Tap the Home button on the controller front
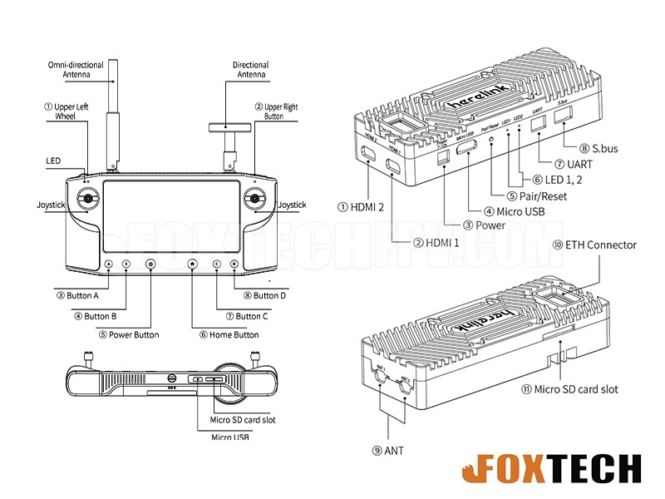click(192, 264)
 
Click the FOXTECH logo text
click(549, 470)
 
